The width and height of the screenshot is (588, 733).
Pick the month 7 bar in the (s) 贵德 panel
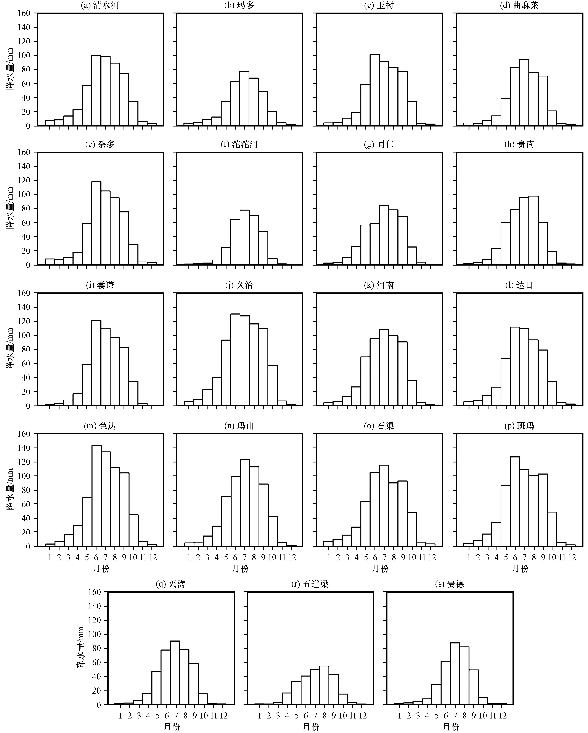(455, 674)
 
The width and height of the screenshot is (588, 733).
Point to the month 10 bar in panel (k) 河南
(412, 393)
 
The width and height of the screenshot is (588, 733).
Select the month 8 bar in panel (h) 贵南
(533, 230)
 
